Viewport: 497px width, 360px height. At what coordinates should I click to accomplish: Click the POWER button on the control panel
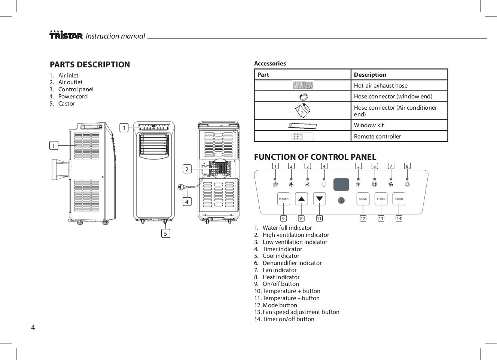click(x=284, y=199)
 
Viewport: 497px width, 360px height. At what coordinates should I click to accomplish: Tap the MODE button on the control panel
click(x=363, y=199)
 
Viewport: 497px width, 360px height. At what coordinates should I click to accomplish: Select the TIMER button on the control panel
click(x=399, y=199)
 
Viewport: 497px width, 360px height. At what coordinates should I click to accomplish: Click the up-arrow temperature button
click(x=301, y=199)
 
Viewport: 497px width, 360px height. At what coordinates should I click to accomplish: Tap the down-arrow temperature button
click(x=319, y=199)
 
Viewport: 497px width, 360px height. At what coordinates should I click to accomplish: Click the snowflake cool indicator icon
click(x=358, y=184)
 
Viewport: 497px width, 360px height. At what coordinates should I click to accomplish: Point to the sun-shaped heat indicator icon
click(x=407, y=184)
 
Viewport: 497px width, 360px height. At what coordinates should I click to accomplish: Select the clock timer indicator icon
click(x=324, y=184)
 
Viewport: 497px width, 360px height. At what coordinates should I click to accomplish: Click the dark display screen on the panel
click(x=341, y=184)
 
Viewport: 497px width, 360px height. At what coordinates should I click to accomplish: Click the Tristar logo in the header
click(x=66, y=35)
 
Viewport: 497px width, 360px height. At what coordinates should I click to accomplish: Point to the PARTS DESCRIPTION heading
click(x=90, y=64)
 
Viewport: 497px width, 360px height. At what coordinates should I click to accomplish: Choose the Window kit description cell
click(x=399, y=125)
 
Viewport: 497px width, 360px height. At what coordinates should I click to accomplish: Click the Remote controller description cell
click(x=399, y=136)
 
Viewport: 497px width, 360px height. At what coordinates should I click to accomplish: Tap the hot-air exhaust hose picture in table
click(x=302, y=85)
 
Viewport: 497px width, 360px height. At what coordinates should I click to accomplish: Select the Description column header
click(x=399, y=74)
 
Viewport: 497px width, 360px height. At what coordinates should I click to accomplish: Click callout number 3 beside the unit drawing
click(x=124, y=128)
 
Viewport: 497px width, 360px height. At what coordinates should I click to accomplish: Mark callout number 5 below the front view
click(x=165, y=234)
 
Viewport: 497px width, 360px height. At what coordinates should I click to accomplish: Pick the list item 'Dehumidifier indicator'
click(x=292, y=263)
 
